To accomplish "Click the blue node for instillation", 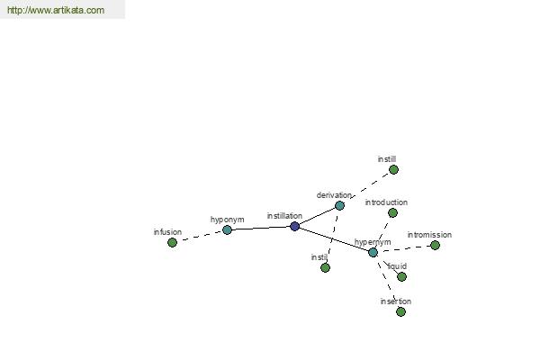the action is pos(294,226).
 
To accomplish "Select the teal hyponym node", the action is pos(227,229).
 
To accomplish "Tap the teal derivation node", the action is pos(339,206).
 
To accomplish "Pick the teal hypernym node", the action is pos(373,253).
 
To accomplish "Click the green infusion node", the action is pos(172,242).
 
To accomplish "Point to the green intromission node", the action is pos(435,246).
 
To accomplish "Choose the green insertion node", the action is pos(400,311).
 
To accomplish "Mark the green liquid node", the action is pos(401,276).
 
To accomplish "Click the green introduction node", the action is pos(392,213).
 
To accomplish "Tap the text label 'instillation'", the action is pos(284,216).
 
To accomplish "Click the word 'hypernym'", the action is pos(373,242).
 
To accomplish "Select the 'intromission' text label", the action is pos(429,235).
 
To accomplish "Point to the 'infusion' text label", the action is pos(167,232).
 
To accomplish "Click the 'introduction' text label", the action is pos(386,202).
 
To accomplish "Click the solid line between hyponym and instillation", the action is pos(261,228).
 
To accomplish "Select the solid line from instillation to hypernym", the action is pos(334,239).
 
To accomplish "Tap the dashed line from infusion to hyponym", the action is pos(200,237).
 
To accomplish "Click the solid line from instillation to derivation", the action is pos(317,216).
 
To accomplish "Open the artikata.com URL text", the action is pos(56,10).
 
